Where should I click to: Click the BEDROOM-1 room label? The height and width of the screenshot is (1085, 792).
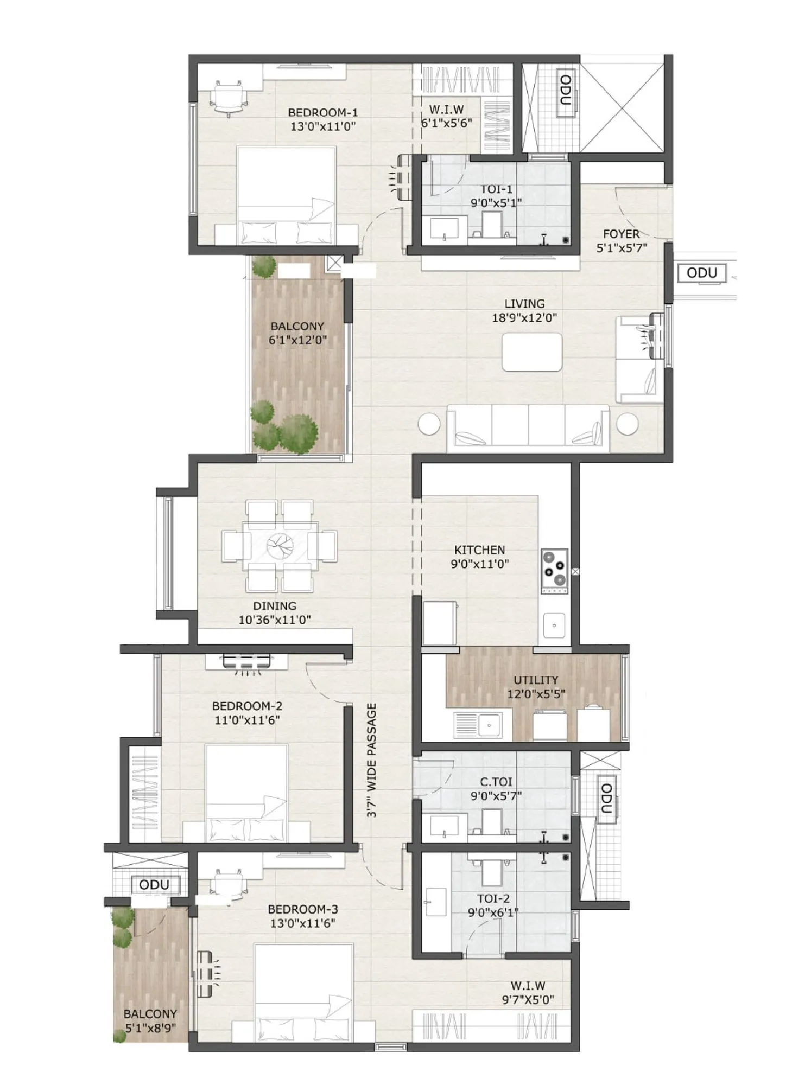322,113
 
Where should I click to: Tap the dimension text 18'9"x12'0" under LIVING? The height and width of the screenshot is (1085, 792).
524,318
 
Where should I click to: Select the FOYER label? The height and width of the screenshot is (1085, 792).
621,234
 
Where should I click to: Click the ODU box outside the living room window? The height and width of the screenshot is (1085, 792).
701,273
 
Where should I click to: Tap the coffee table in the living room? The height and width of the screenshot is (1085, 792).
531,352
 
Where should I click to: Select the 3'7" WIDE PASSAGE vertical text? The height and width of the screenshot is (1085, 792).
371,760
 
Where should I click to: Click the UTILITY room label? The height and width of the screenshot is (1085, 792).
536,680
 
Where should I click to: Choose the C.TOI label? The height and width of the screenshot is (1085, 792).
496,782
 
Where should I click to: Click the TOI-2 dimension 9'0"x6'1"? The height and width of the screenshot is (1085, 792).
493,912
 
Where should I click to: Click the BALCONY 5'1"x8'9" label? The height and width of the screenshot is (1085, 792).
150,1020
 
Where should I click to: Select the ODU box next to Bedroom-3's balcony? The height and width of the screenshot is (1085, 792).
154,885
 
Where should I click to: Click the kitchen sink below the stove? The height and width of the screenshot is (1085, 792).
554,626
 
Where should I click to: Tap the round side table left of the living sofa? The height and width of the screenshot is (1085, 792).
429,424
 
